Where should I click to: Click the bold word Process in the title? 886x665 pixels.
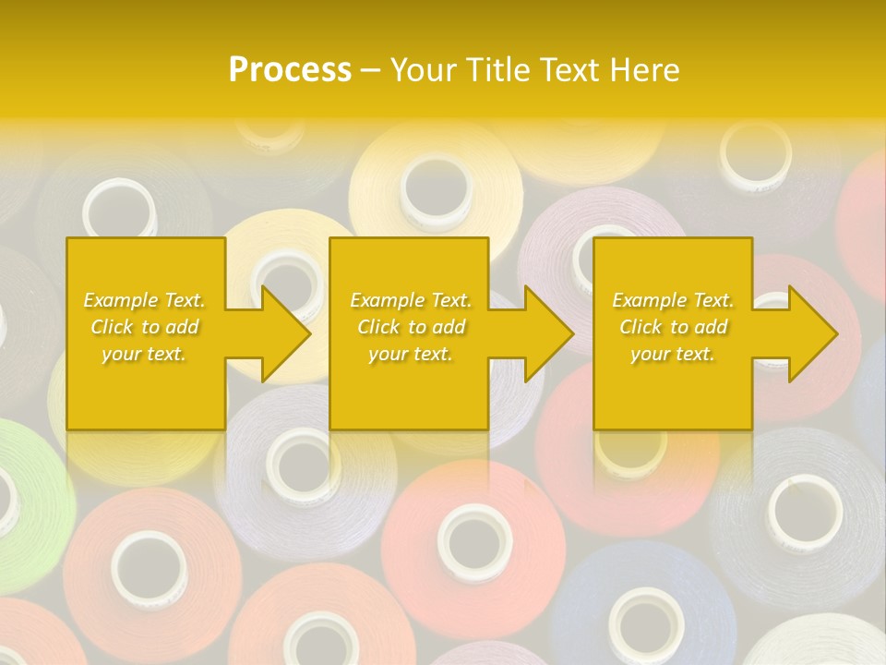click(290, 70)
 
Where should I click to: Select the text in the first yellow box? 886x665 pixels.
click(145, 327)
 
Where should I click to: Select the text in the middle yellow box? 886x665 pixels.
click(411, 327)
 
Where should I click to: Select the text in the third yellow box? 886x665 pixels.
click(673, 327)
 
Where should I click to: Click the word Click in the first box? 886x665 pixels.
click(114, 327)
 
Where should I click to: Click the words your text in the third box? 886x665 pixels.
click(673, 354)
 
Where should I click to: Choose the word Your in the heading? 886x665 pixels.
click(424, 70)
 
